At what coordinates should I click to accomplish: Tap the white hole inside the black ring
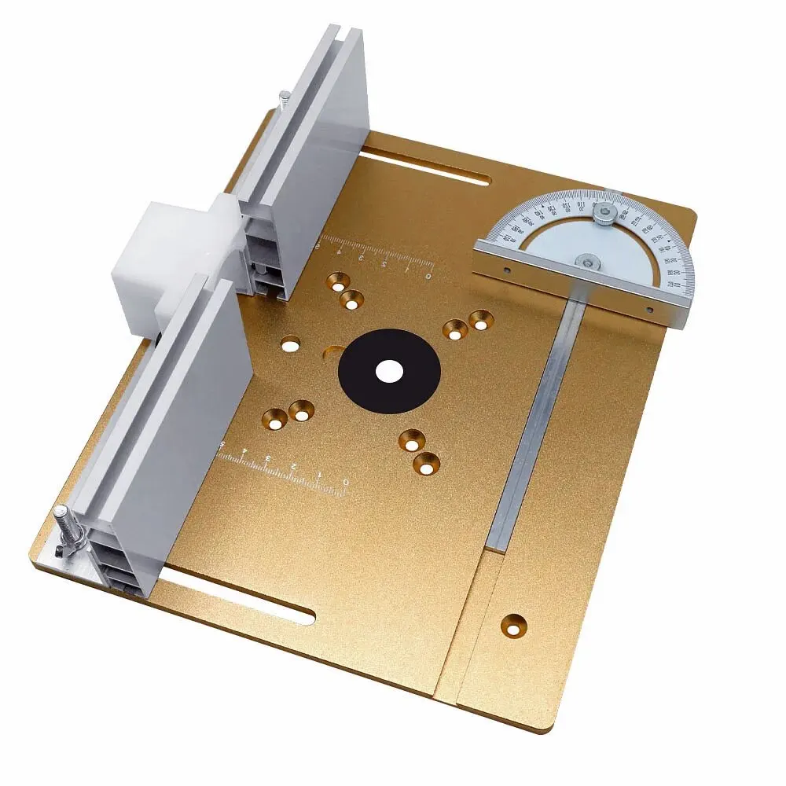pos(387,371)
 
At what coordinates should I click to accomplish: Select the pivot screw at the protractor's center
pos(584,263)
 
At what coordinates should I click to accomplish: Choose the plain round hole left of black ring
pos(291,343)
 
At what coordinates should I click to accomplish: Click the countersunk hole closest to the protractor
pos(479,318)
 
